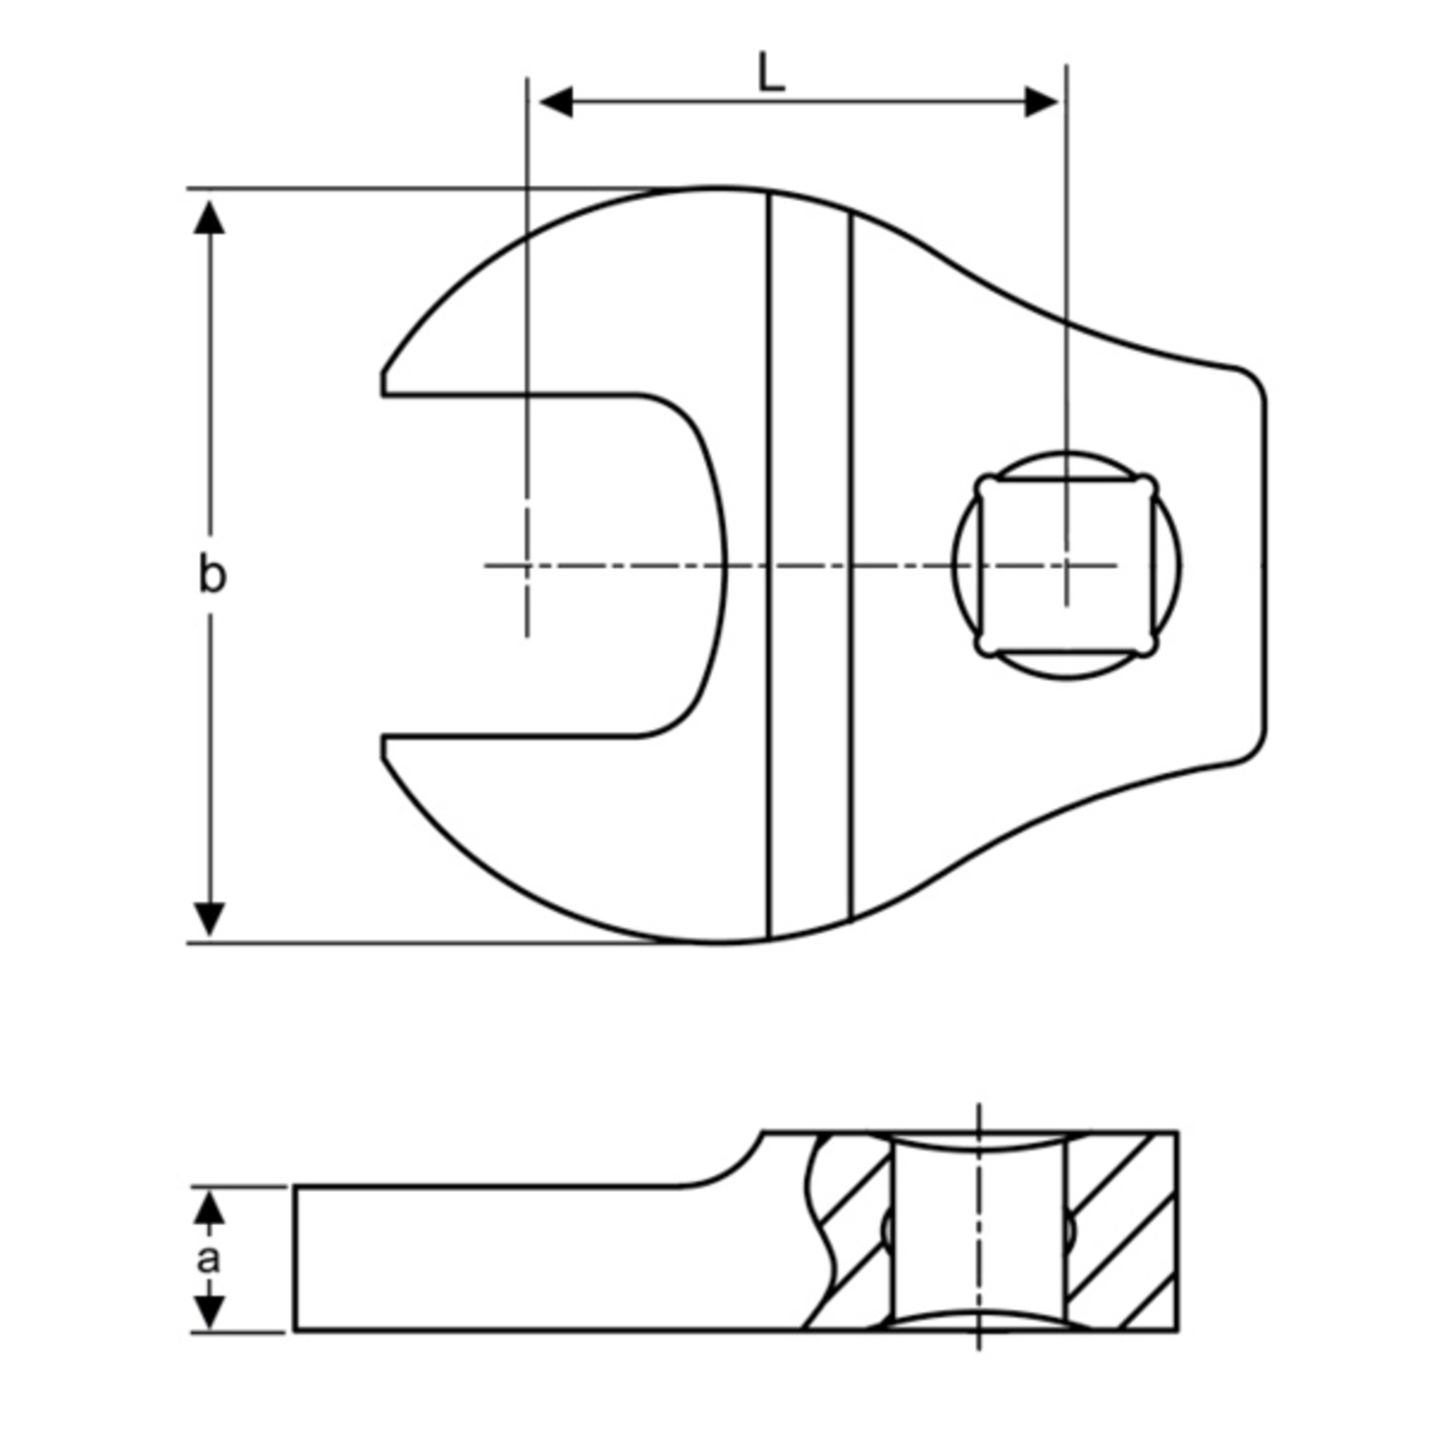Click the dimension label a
click(209, 1259)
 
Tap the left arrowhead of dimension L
click(556, 102)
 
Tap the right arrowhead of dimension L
click(1041, 102)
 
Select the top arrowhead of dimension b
click(209, 217)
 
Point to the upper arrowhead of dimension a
click(209, 1208)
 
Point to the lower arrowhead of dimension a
click(209, 1312)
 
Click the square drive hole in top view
click(1067, 566)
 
